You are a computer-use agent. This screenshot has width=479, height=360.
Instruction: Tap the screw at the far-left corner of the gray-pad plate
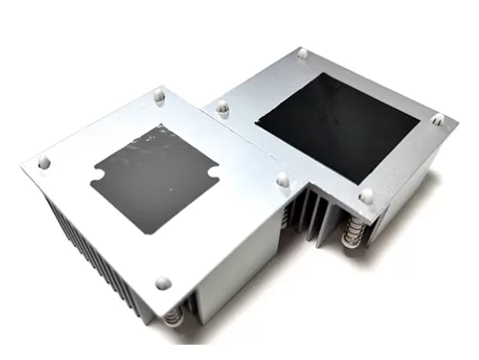[x=44, y=164]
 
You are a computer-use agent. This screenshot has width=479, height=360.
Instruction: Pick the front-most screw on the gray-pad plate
[x=163, y=282]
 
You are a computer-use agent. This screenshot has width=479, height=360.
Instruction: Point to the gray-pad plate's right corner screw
[x=283, y=179]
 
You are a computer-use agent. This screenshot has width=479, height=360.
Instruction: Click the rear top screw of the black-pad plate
[x=304, y=55]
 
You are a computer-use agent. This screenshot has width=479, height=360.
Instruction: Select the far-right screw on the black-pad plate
[x=438, y=120]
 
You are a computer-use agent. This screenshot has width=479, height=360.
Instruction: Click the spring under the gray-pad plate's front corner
[x=173, y=316]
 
